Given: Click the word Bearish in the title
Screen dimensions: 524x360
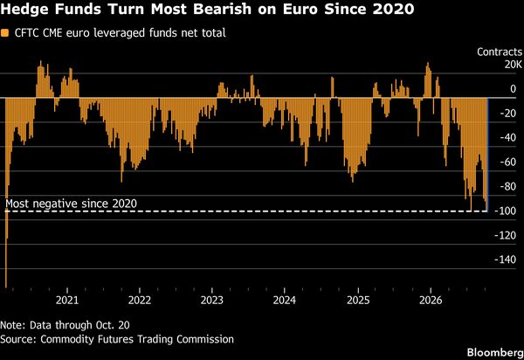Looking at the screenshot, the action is point(222,9).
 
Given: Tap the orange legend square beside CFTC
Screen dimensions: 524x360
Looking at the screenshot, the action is point(4,33).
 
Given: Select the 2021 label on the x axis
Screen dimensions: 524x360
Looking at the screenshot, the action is point(67,301).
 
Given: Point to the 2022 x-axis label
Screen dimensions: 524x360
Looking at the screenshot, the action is point(140,301).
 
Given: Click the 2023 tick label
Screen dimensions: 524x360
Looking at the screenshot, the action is point(212,301).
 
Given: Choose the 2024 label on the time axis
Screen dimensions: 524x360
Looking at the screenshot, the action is point(285,301).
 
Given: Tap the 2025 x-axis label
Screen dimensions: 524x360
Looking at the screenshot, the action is point(358,301).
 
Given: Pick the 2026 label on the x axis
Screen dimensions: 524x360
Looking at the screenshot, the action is point(431,301).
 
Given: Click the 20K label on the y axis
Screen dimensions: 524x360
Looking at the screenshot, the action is point(513,64).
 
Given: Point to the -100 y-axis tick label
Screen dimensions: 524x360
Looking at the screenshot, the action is point(507,211).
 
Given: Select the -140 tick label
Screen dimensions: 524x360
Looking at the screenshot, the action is point(506,260).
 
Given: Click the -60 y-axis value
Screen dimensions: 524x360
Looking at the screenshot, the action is point(508,163).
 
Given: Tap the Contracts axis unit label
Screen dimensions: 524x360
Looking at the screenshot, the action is point(500,52).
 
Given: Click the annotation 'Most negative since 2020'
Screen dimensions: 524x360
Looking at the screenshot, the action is point(72,204).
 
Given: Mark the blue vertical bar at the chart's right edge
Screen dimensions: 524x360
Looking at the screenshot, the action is point(488,155).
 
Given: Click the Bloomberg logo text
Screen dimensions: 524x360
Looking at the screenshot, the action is point(495,353).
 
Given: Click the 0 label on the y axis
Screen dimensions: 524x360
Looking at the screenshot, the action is point(513,89).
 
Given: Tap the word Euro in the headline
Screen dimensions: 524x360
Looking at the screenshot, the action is point(300,9).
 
